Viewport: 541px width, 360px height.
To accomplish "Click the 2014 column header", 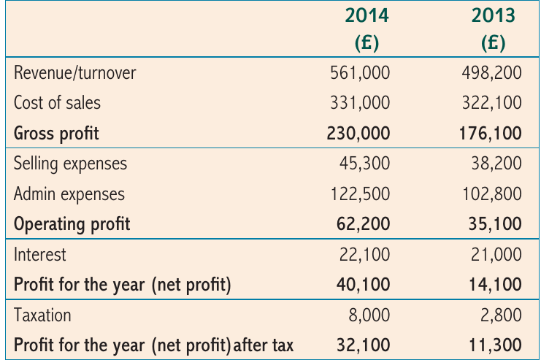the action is point(367,15).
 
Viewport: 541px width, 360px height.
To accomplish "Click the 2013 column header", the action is point(494,15).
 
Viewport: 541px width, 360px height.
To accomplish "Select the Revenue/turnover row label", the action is point(75,73).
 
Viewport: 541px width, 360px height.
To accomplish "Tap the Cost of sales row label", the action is point(57,103).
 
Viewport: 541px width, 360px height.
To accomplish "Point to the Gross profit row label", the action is point(56,134).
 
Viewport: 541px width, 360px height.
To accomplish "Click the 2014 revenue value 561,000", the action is point(360,73).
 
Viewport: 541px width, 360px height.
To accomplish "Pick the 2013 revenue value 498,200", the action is point(491,73).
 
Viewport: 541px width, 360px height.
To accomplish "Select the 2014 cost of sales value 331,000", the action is point(360,103).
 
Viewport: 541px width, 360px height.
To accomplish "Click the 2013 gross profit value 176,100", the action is point(491,134).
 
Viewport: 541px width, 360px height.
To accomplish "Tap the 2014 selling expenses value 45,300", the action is point(365,164).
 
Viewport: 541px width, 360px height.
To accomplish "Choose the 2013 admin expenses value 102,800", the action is point(492,194).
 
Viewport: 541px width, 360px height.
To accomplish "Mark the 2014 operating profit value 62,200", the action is point(364,224).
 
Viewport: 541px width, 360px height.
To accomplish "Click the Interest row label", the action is point(39,255).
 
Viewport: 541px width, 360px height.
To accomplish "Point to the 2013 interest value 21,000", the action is point(496,255).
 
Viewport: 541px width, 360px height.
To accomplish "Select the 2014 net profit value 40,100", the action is point(364,285).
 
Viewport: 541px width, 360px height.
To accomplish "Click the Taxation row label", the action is point(42,315).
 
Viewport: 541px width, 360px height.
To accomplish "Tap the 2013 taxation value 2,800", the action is point(501,315).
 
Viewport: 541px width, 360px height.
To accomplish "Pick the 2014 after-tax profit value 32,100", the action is point(364,345).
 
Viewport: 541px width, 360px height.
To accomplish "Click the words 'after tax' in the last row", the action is point(264,345).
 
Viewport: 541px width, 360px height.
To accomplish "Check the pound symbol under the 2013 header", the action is point(494,42).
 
